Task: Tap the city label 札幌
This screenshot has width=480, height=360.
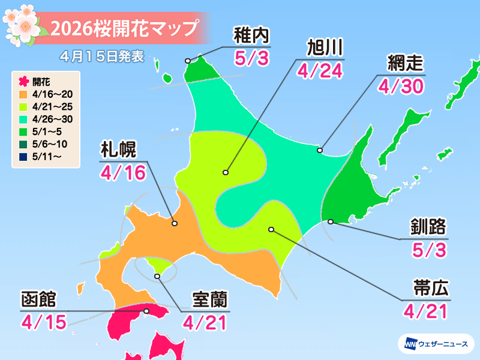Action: tap(118, 149)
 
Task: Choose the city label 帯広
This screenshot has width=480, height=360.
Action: tap(426, 288)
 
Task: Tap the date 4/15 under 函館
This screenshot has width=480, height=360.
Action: tap(42, 322)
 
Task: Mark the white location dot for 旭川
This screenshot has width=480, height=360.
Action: tap(226, 172)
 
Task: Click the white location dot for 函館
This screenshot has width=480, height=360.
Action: tap(147, 311)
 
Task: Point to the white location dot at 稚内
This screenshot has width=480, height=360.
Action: tap(188, 61)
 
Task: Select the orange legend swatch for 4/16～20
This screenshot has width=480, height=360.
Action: tap(23, 94)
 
